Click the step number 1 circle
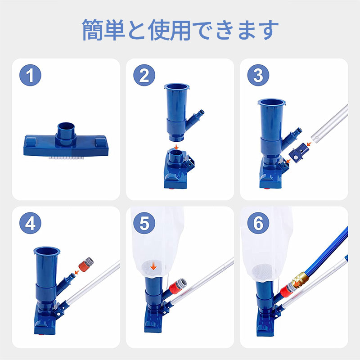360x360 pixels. point(30,75)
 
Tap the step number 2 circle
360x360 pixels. point(144,75)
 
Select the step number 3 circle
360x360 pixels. point(258,75)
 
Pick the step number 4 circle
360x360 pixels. point(30,223)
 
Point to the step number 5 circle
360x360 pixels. point(144,223)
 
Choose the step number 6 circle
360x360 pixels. point(258,223)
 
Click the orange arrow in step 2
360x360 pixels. point(176,147)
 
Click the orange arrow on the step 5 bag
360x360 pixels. point(153,266)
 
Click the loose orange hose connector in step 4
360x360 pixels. point(86,264)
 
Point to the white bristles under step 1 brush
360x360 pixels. point(66,158)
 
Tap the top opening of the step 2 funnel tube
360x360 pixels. point(177,86)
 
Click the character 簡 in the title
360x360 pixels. point(92,30)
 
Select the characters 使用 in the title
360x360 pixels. point(170,30)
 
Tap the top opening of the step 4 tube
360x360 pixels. point(47,251)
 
